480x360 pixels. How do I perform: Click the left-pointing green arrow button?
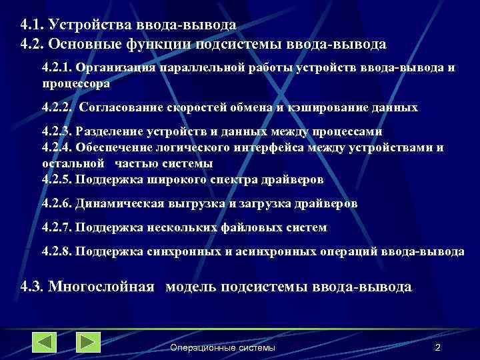[44, 342]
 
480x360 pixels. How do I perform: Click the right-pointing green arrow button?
[88, 342]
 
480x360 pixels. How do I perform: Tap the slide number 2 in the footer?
[437, 348]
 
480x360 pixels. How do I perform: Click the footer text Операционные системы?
[222, 348]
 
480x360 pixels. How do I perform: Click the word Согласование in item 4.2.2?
[122, 107]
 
